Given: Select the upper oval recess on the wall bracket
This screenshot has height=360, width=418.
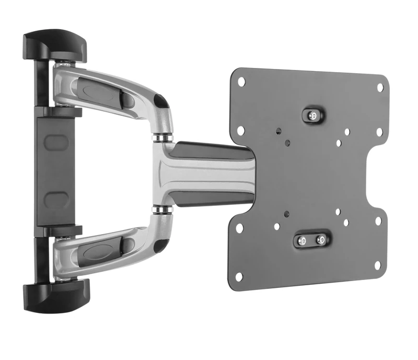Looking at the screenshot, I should pos(55,142).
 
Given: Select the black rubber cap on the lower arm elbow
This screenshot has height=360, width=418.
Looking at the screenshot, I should pos(162,241).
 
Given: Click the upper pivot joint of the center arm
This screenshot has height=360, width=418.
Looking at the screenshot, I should pos(163,137).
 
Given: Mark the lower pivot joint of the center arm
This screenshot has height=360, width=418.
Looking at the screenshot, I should pos(163,210).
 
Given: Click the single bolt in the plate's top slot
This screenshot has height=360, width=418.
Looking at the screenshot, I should pos(312,115).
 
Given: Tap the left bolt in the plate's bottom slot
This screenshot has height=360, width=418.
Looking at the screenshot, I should pos(302,241).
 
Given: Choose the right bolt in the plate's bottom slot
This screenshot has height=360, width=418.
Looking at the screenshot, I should pos(320,241).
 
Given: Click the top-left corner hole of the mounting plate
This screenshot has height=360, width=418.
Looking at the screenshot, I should pos(241,82).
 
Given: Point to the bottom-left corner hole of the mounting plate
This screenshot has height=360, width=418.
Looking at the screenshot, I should pos(239,276).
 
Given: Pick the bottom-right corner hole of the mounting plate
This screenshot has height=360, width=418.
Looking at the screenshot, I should pos(378,265).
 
